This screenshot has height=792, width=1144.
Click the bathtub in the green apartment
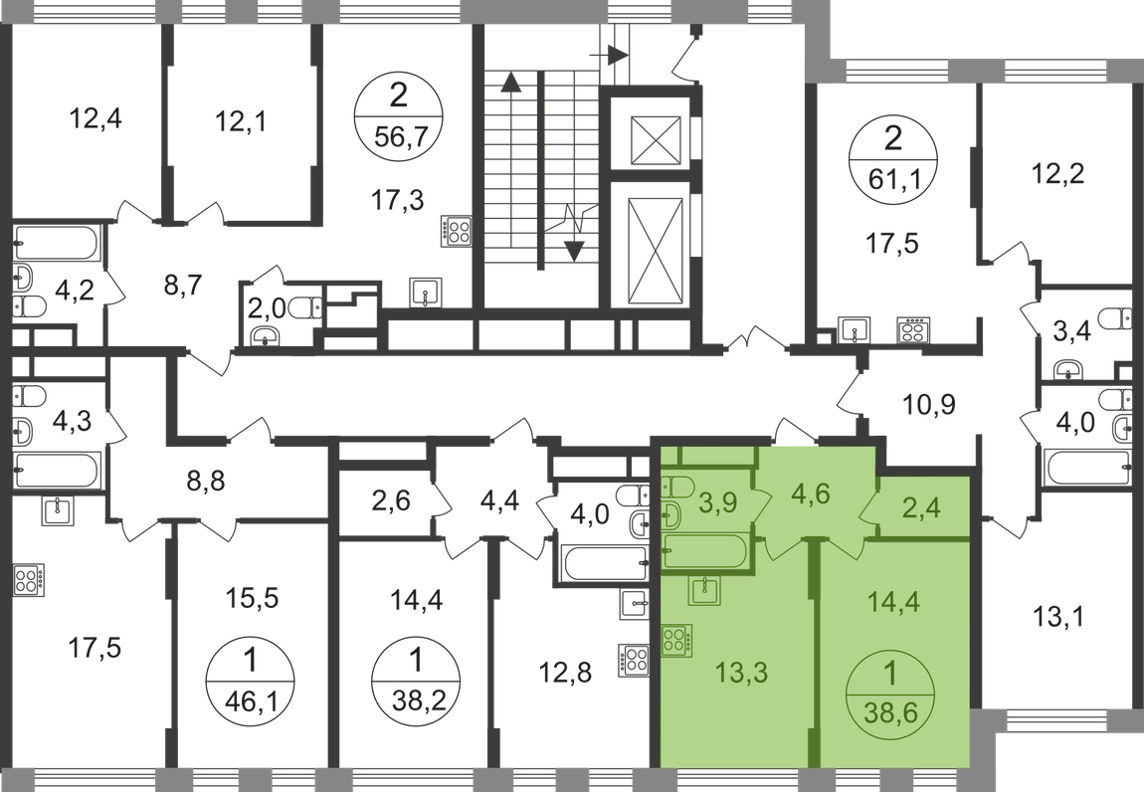pos(703,554)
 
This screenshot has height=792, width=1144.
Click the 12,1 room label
pos(243,125)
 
